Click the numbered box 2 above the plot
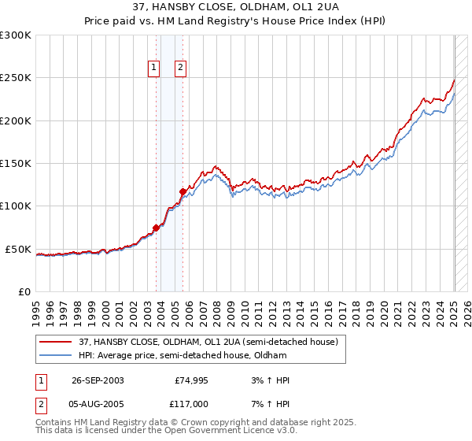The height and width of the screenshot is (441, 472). click(x=180, y=68)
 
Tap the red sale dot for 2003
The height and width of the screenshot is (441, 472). click(x=156, y=228)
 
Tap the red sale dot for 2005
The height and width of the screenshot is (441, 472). click(x=183, y=191)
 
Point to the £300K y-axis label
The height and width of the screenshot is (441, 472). click(x=15, y=35)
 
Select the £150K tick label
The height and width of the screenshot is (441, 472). click(x=15, y=164)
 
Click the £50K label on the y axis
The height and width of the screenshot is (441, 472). click(x=18, y=249)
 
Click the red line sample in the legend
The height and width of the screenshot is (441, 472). click(x=56, y=342)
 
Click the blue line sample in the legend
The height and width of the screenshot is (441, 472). click(x=56, y=355)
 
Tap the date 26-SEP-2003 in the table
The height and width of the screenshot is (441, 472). click(x=98, y=380)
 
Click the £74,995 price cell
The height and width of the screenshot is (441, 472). click(x=192, y=380)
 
